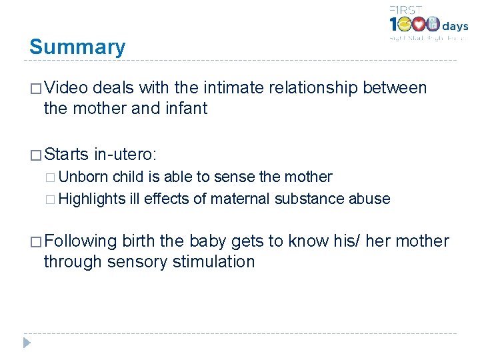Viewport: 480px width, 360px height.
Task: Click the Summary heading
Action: [x=77, y=47]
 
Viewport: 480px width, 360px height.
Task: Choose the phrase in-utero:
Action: [x=125, y=155]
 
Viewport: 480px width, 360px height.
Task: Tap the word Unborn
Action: [x=83, y=177]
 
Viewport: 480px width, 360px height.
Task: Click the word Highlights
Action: [x=92, y=199]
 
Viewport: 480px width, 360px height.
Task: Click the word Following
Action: [x=81, y=241]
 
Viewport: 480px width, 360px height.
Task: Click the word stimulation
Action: [x=213, y=261]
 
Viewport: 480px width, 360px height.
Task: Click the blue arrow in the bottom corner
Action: [x=26, y=344]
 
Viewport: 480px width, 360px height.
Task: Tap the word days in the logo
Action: [x=456, y=27]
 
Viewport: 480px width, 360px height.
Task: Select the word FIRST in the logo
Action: [x=405, y=9]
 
